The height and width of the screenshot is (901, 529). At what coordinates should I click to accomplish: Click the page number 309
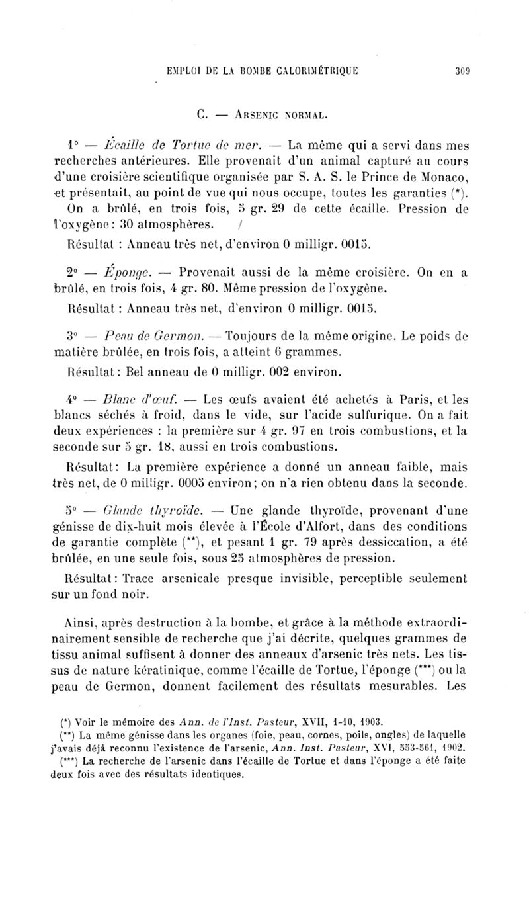point(461,74)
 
